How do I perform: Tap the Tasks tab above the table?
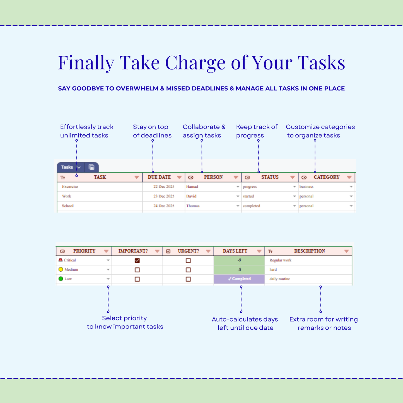pyautogui.click(x=67, y=167)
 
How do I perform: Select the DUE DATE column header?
pyautogui.click(x=159, y=177)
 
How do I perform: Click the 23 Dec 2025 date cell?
pyautogui.click(x=164, y=196)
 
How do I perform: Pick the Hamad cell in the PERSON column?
pyautogui.click(x=192, y=187)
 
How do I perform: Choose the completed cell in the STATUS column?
pyautogui.click(x=251, y=206)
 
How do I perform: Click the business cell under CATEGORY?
pyautogui.click(x=307, y=187)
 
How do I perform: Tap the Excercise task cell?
pyautogui.click(x=70, y=187)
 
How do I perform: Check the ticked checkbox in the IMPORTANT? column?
pyautogui.click(x=137, y=260)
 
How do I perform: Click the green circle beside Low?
pyautogui.click(x=61, y=279)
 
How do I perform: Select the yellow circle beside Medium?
pyautogui.click(x=61, y=269)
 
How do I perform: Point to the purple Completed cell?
pyautogui.click(x=239, y=279)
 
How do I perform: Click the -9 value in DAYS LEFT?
pyautogui.click(x=239, y=260)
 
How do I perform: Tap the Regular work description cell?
pyautogui.click(x=280, y=260)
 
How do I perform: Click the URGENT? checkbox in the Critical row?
pyautogui.click(x=188, y=260)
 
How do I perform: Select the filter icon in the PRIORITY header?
pyautogui.click(x=106, y=251)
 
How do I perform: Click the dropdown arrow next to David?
pyautogui.click(x=238, y=196)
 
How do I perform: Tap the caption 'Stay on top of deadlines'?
pyautogui.click(x=152, y=131)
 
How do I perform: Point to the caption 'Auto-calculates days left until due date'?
pyautogui.click(x=245, y=324)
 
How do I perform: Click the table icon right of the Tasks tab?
pyautogui.click(x=91, y=167)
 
